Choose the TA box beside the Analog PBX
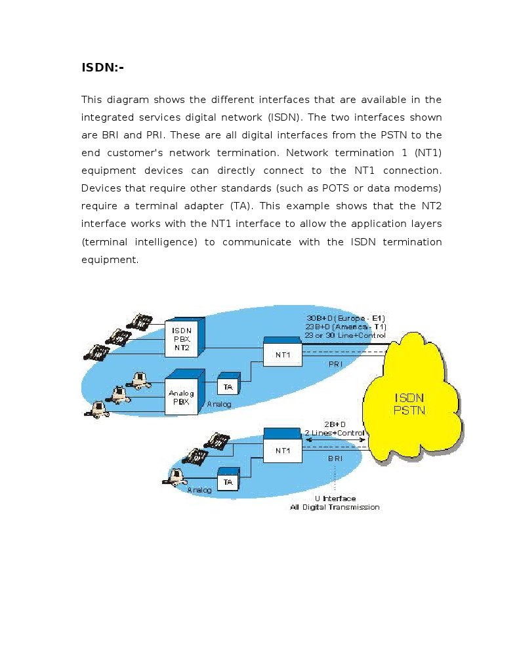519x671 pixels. (228, 388)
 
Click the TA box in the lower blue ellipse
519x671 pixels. (228, 482)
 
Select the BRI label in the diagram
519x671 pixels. (335, 458)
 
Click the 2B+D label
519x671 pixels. (335, 425)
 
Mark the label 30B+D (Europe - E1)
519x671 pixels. (344, 319)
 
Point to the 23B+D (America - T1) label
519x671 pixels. (346, 327)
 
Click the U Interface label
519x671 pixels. (335, 499)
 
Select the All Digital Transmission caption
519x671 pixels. (335, 507)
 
